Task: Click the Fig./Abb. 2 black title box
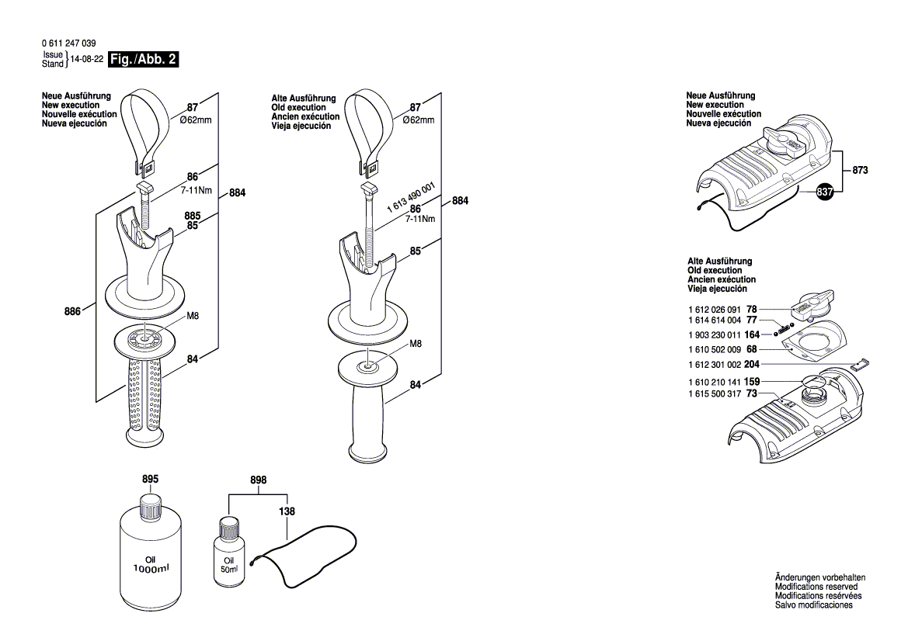tap(144, 60)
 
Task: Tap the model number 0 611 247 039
tap(68, 44)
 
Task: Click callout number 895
tap(150, 480)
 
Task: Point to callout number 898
tap(258, 480)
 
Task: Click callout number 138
tap(287, 511)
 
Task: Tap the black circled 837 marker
tap(825, 191)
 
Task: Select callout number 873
tap(859, 170)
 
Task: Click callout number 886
tap(74, 311)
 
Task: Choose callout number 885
tap(193, 216)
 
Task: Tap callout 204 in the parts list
tap(751, 364)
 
